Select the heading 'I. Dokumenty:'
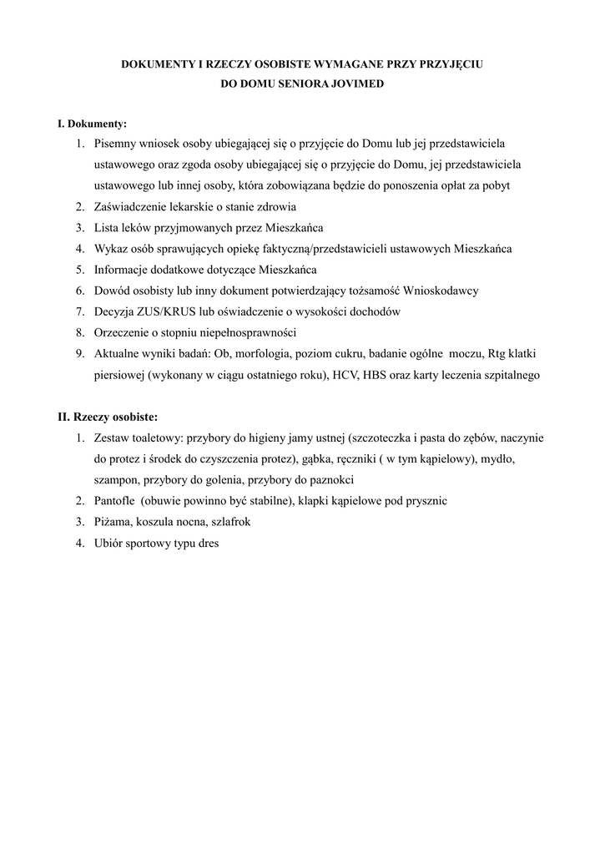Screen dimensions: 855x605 tap(92, 124)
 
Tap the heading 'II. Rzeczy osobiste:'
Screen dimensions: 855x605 tap(107, 416)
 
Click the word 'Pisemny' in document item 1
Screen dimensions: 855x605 tap(115, 144)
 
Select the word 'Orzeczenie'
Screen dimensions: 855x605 tap(120, 332)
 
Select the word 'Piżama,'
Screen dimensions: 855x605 tap(113, 521)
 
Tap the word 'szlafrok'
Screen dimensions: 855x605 tap(230, 521)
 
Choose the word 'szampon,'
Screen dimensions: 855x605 tap(116, 479)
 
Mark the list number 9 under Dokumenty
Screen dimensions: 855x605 tap(80, 353)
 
